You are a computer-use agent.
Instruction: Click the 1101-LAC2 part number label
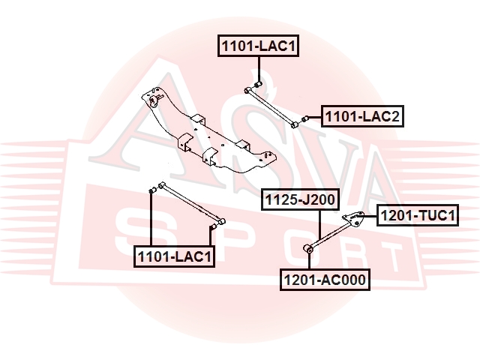[x=362, y=116]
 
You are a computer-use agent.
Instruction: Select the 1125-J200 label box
[x=300, y=199]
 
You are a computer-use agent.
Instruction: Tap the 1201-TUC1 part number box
[x=418, y=215]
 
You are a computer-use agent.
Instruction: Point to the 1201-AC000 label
[x=325, y=280]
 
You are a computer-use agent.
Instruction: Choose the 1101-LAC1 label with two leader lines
[x=174, y=256]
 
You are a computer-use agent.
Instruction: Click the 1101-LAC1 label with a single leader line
[x=258, y=46]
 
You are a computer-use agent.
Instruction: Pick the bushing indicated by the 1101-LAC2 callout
[x=304, y=118]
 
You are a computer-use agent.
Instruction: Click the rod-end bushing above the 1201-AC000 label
[x=309, y=248]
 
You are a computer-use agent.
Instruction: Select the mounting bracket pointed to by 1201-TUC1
[x=353, y=219]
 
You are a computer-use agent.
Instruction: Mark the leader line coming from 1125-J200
[x=319, y=225]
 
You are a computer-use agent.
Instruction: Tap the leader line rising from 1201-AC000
[x=310, y=261]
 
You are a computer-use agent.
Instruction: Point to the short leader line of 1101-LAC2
[x=314, y=117]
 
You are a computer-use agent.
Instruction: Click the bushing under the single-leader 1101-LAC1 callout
[x=258, y=84]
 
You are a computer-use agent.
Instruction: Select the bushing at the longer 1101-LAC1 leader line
[x=152, y=190]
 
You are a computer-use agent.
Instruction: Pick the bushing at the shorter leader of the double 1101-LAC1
[x=212, y=226]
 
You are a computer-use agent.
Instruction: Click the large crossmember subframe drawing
[x=209, y=131]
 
